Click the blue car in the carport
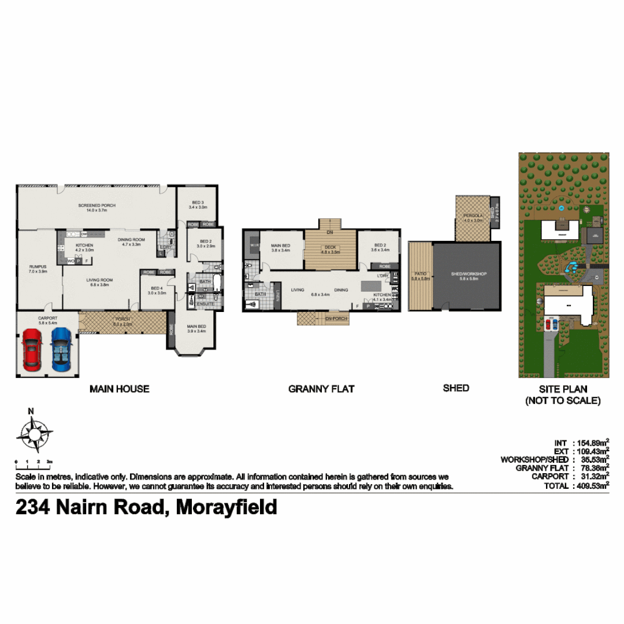61,350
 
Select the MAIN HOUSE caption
119,389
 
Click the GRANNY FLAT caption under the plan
321,389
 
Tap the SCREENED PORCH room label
96,206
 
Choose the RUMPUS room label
38,267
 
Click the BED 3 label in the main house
198,202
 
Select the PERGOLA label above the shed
472,216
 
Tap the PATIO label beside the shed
420,274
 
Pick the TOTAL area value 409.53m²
592,486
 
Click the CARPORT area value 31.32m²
592,476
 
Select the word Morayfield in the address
226,507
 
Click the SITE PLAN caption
562,389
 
